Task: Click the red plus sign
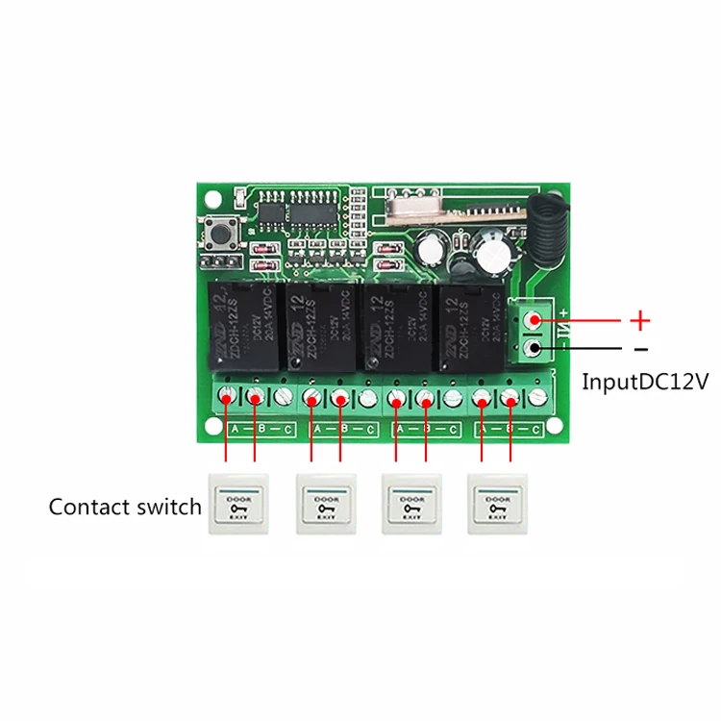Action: tap(640, 320)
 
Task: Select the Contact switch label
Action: tap(125, 507)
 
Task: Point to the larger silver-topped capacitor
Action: tap(494, 252)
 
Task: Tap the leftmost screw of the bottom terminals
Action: tap(227, 396)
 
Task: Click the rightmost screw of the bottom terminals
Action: tap(537, 396)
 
